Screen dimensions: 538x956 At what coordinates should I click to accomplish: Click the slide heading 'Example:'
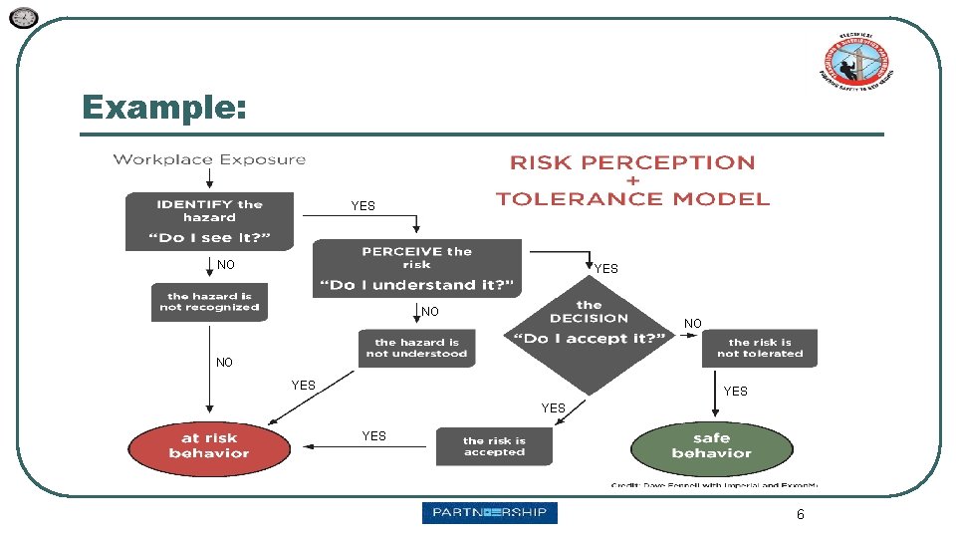point(164,107)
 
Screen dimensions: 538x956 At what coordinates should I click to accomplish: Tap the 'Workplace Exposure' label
point(209,159)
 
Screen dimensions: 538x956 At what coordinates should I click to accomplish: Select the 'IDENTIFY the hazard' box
point(209,221)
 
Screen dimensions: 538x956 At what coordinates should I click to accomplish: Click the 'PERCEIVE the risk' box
point(416,268)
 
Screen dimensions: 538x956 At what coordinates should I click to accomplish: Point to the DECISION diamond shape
point(589,337)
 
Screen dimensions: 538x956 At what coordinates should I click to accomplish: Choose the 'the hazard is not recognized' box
point(209,302)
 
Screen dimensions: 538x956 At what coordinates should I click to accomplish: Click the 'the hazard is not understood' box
point(416,348)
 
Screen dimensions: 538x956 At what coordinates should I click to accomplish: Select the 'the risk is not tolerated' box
point(759,348)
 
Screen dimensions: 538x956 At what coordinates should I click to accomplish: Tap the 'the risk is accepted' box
point(494,446)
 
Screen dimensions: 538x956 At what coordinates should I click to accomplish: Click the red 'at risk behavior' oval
point(209,445)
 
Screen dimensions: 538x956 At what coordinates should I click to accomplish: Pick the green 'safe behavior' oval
point(711,445)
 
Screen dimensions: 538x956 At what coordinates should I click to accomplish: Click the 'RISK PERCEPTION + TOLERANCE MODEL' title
point(632,180)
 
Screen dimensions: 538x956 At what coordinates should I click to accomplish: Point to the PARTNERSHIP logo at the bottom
point(489,513)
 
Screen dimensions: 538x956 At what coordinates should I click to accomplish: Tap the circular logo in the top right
point(853,62)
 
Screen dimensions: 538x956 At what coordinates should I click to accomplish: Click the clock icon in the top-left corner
point(24,18)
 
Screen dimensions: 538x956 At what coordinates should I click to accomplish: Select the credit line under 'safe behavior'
point(713,485)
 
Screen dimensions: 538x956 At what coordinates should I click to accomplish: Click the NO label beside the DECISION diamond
point(693,324)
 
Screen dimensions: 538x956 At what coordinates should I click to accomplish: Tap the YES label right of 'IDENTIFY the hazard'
point(362,206)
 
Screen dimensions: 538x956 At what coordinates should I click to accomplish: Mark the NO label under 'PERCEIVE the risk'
point(429,313)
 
